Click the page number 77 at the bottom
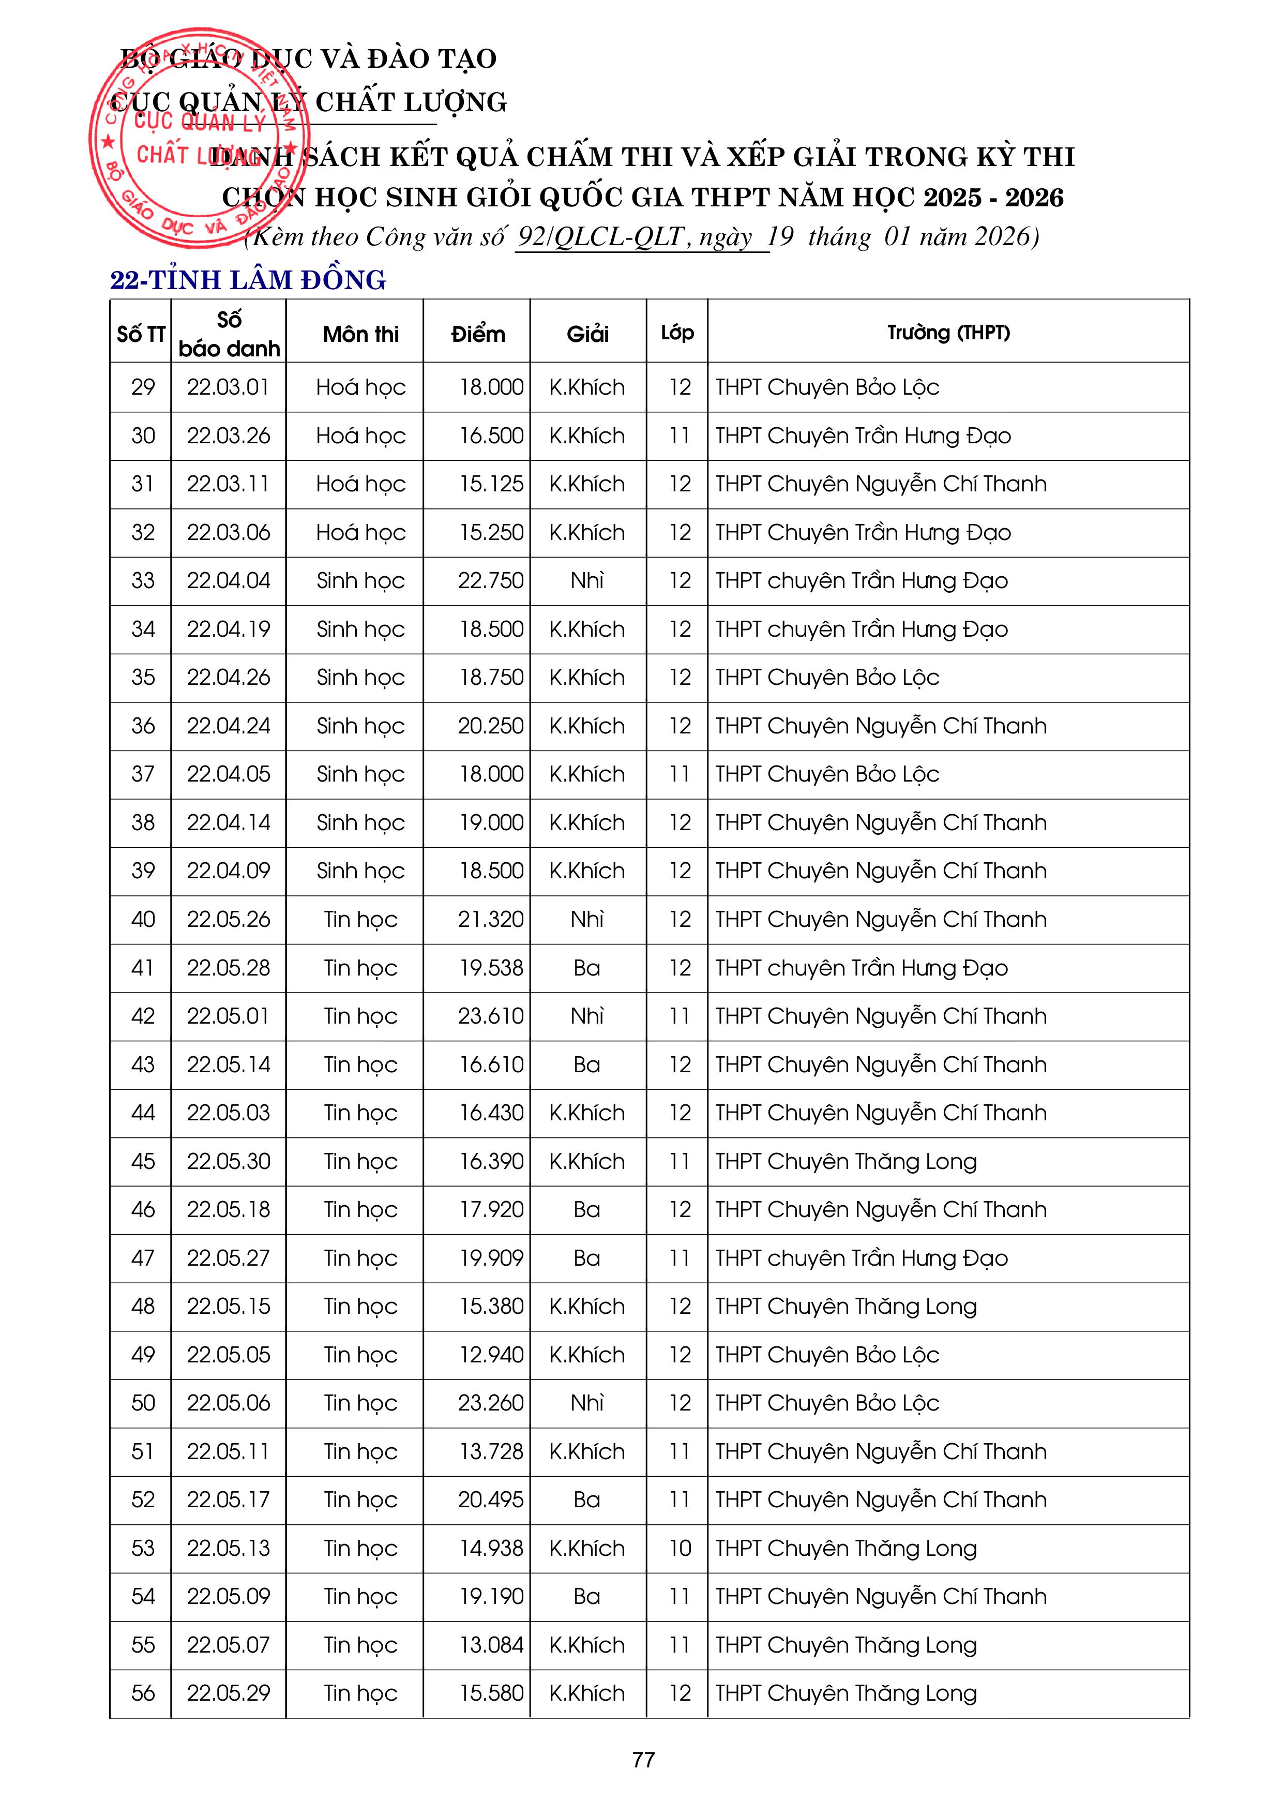point(643,1760)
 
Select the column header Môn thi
point(360,334)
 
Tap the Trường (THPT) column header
point(948,333)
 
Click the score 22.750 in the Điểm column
point(490,581)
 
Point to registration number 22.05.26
point(229,919)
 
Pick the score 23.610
point(490,1016)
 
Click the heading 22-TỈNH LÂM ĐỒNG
point(247,280)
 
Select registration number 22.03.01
point(229,387)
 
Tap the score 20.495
point(490,1499)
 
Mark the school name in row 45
point(846,1161)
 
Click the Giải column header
point(587,334)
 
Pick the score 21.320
point(490,919)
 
